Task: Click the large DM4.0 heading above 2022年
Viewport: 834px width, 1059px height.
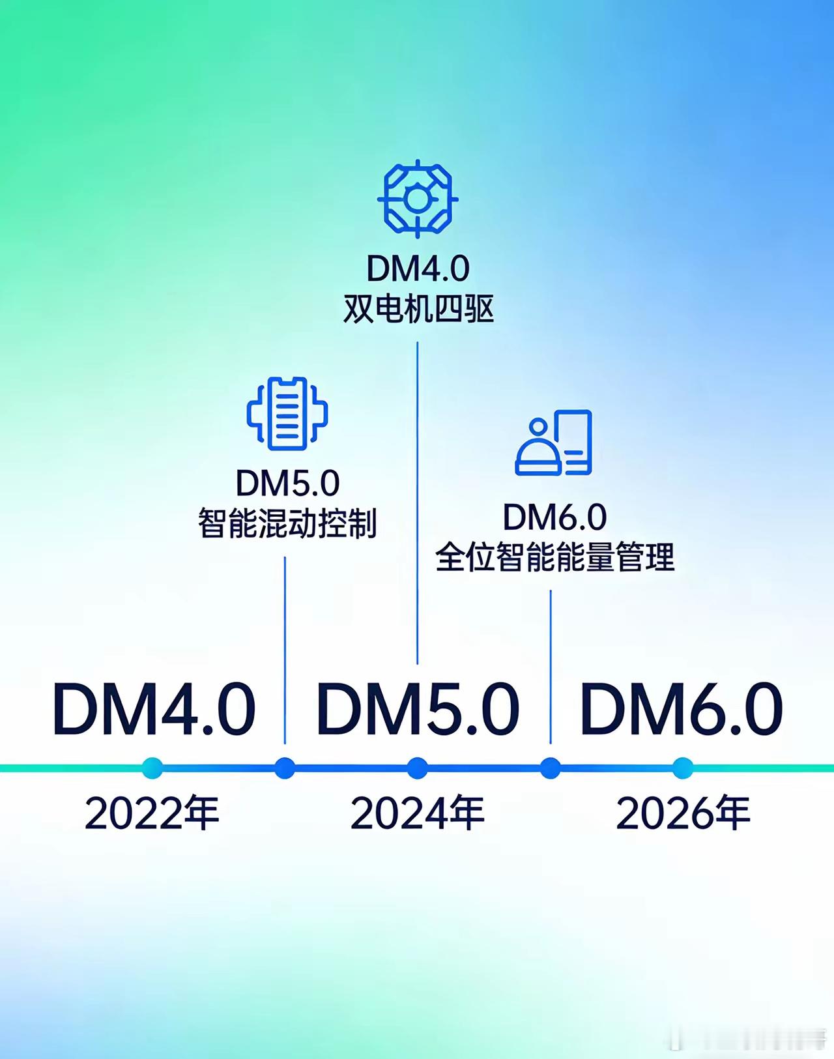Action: [154, 709]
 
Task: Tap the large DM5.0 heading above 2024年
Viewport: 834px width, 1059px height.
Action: [418, 709]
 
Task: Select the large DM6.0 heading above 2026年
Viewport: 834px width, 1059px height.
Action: [681, 709]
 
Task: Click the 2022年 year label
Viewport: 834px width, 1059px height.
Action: [152, 814]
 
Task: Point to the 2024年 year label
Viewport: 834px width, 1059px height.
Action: [418, 814]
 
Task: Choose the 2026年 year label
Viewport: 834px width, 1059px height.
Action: [683, 814]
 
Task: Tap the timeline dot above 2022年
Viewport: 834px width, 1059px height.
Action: [152, 768]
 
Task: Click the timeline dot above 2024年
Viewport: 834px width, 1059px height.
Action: [418, 768]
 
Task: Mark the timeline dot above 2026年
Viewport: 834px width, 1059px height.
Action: [682, 768]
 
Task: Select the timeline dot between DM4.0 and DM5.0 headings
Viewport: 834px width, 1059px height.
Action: [285, 768]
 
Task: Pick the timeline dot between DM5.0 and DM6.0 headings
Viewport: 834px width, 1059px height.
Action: [551, 768]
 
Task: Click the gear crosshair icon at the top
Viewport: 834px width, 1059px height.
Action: [418, 197]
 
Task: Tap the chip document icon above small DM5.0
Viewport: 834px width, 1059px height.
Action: [287, 413]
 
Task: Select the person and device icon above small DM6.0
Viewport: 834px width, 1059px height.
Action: [554, 442]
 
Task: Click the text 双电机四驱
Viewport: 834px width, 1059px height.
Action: [418, 310]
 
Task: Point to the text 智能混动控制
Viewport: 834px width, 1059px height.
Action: [287, 523]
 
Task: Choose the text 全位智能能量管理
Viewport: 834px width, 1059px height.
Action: [554, 557]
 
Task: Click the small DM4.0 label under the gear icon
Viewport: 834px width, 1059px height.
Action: [418, 268]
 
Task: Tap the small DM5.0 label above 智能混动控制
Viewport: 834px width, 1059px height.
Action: [287, 483]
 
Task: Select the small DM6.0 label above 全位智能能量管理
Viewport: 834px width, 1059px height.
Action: [554, 517]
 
